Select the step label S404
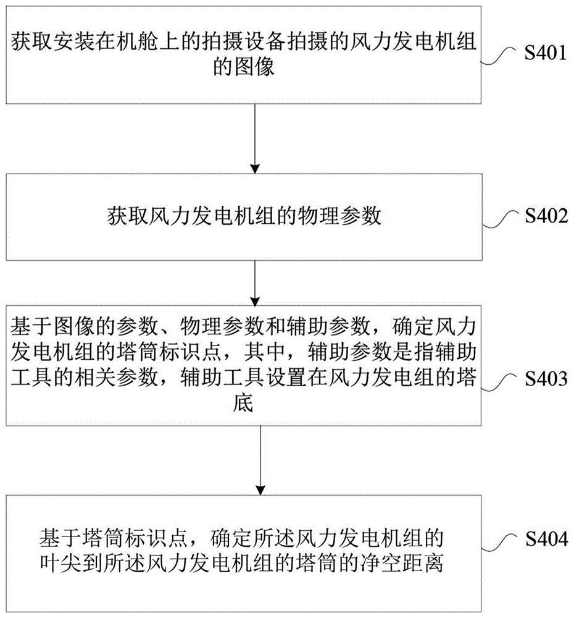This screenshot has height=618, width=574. point(545,539)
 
